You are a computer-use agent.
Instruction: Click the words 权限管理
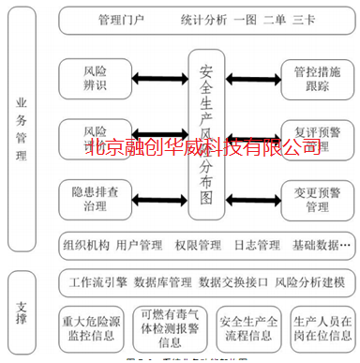point(196,246)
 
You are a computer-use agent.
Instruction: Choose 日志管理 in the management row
point(254,246)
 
